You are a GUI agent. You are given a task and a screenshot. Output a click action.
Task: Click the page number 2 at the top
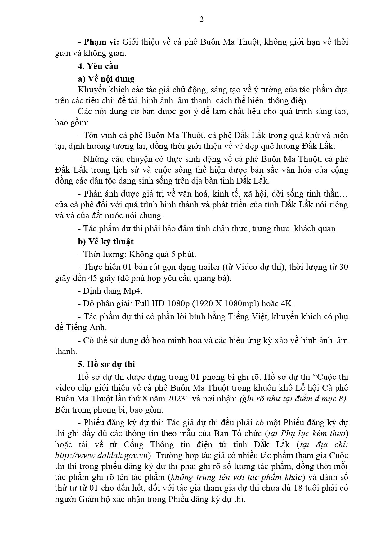coord(202,20)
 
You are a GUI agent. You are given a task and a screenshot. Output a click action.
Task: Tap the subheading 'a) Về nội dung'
coord(106,79)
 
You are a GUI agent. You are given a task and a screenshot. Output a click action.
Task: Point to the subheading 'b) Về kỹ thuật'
coord(105,241)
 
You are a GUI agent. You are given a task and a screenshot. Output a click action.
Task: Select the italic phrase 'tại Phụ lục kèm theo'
coord(312,433)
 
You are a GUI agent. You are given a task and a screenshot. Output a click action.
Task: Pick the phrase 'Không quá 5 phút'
coord(162,254)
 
